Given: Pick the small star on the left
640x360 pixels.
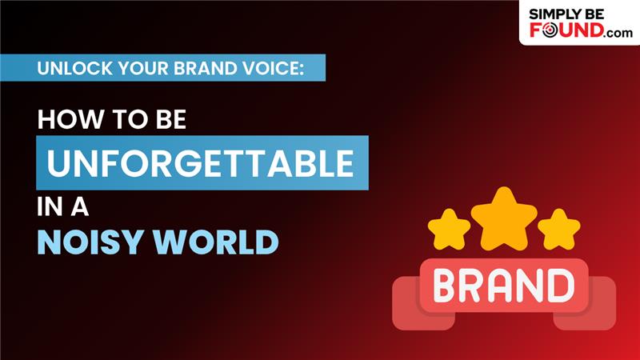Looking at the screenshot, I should [449, 229].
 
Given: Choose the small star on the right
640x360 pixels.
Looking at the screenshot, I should [558, 229].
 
